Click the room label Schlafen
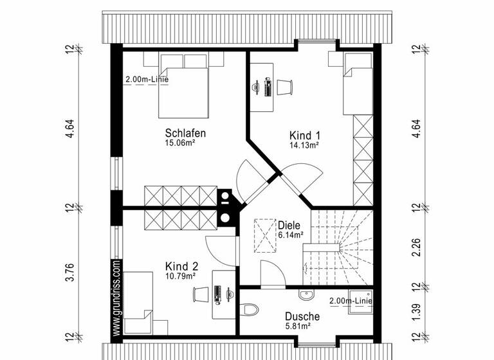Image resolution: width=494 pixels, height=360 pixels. [185, 133]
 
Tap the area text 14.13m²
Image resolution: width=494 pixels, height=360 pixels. [304, 145]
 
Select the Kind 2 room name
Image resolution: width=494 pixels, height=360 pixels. [181, 266]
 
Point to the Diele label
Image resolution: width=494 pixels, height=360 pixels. [289, 226]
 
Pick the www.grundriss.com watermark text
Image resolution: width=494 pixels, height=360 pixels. [116, 298]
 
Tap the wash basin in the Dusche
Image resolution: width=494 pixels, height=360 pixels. [306, 295]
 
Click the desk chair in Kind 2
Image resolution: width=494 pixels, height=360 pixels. [200, 294]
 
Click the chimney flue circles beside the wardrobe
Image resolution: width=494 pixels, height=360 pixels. [226, 206]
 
